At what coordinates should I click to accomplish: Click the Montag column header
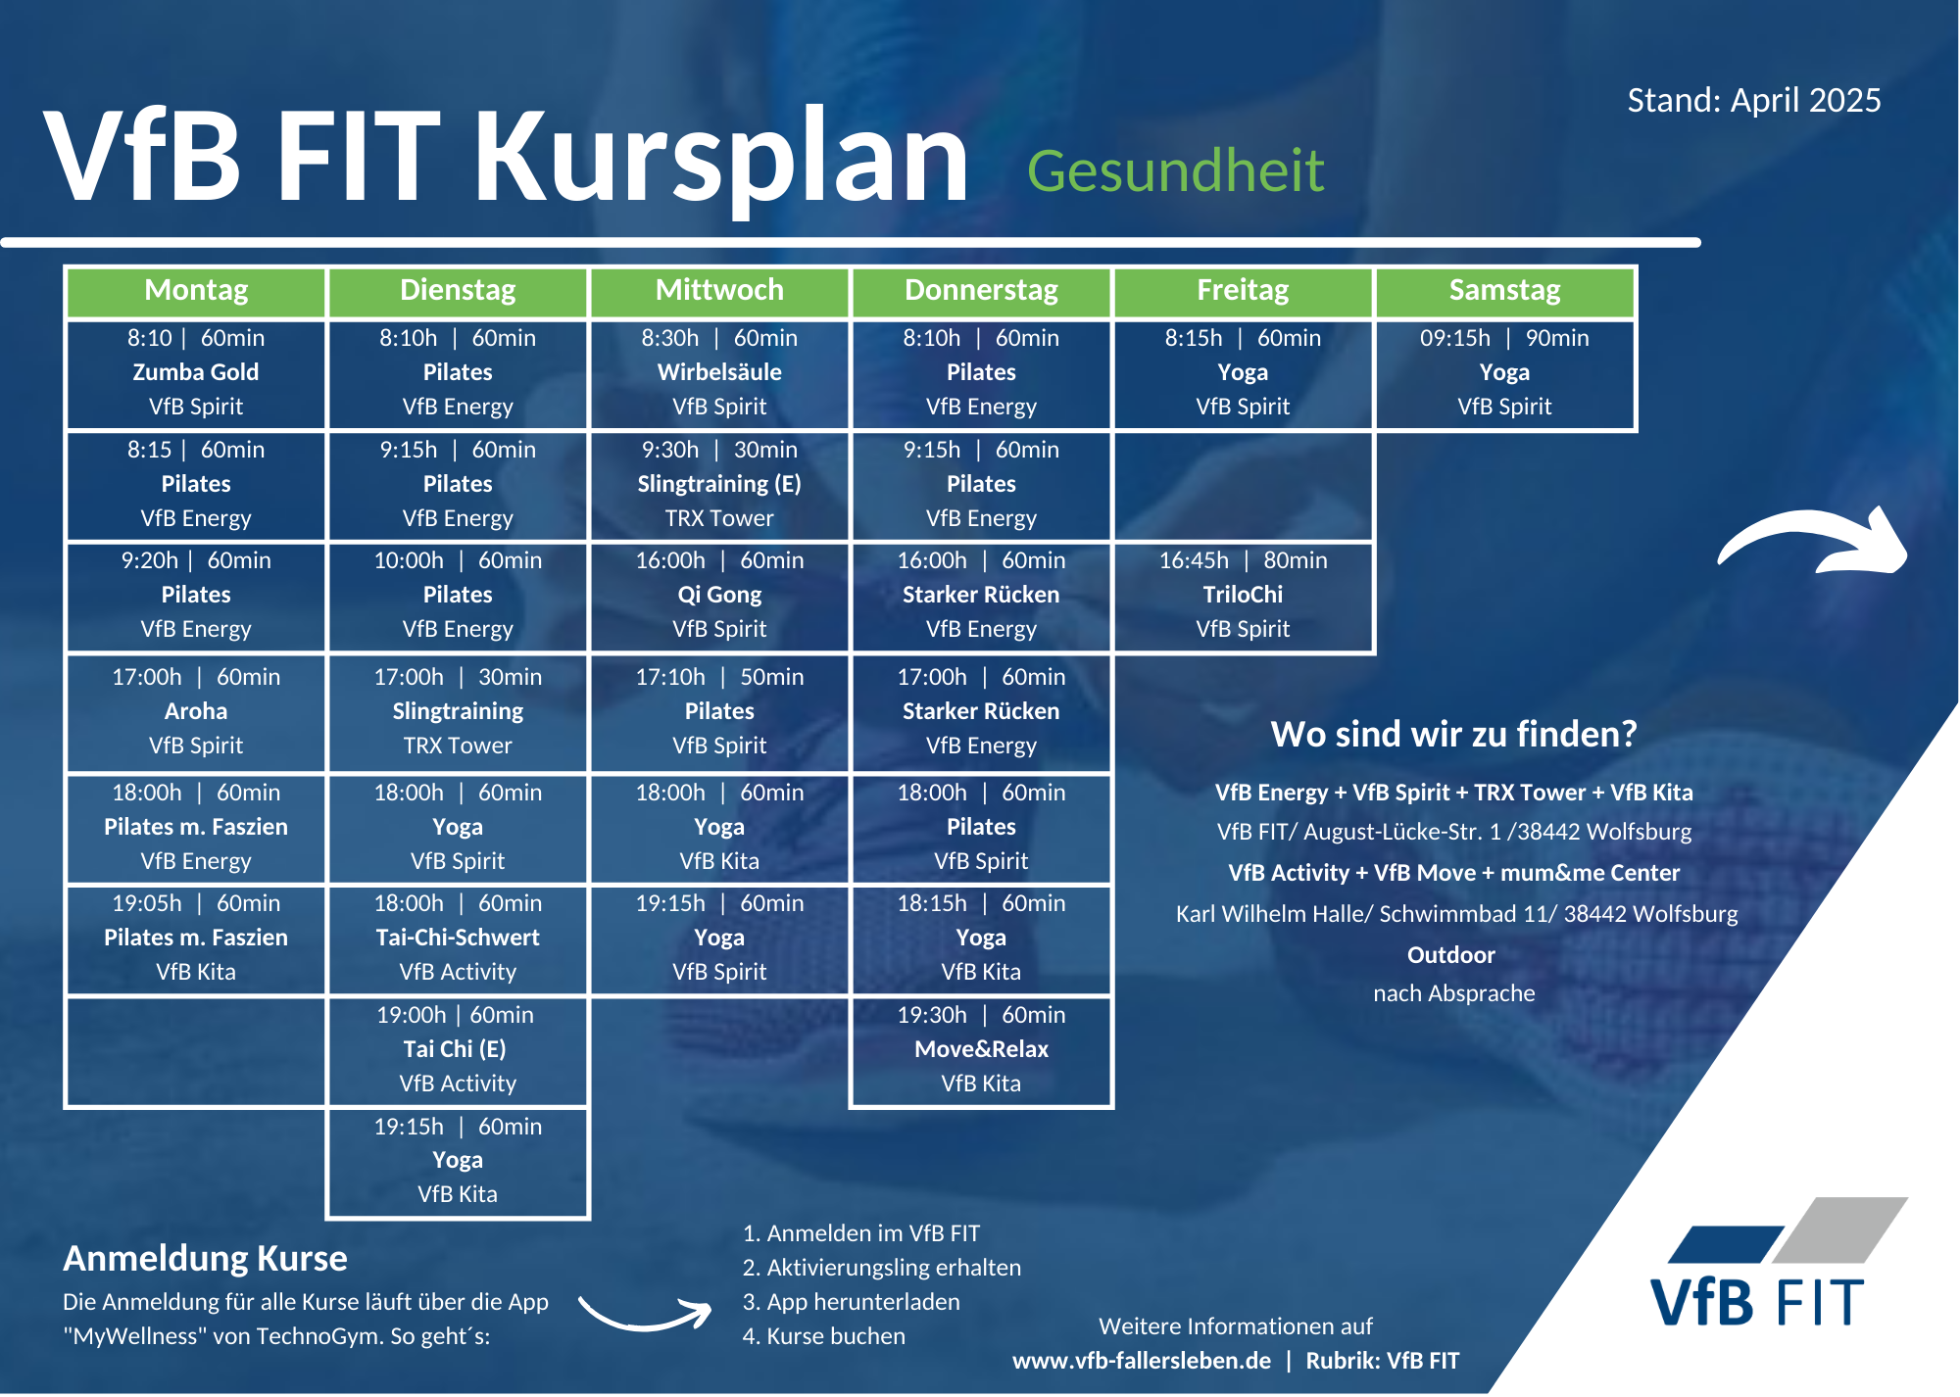(x=196, y=291)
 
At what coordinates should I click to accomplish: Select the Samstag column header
(x=1504, y=291)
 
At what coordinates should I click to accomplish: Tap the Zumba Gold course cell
(x=196, y=373)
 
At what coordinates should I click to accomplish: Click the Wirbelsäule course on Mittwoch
(x=719, y=373)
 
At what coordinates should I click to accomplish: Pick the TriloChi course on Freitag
(x=1243, y=596)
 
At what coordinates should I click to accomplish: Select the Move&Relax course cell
(x=981, y=1050)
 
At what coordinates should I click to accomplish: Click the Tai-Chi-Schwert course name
(x=458, y=938)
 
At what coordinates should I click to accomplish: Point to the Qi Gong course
(x=719, y=596)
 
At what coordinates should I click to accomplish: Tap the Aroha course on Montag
(x=196, y=712)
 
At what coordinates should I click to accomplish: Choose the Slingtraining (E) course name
(x=719, y=484)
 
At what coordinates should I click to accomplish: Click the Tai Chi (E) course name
(x=455, y=1049)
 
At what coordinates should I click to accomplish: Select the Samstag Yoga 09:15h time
(x=1455, y=338)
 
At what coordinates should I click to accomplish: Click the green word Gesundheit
(x=1175, y=171)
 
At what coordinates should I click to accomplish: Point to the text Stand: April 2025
(x=1754, y=100)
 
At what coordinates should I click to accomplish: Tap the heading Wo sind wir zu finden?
(x=1453, y=734)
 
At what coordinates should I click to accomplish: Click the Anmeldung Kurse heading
(x=205, y=1258)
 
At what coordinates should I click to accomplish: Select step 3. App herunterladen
(x=851, y=1302)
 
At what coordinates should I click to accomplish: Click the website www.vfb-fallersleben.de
(x=1142, y=1361)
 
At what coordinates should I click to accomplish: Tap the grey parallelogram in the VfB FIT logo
(x=1840, y=1229)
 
